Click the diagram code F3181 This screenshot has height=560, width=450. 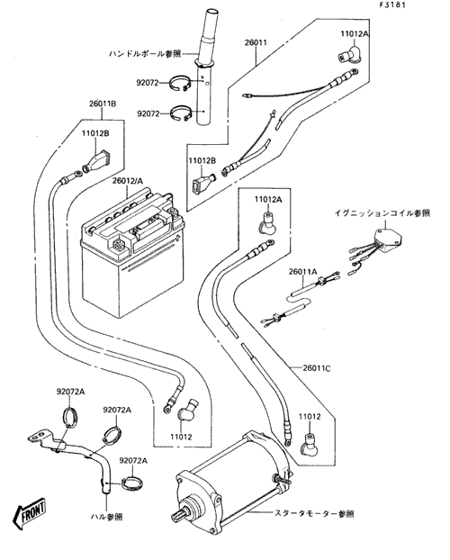point(392,5)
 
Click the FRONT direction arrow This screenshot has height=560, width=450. point(30,513)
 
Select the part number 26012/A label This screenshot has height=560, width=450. point(128,181)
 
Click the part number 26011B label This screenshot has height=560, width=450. point(103,104)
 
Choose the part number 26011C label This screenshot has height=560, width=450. point(317,367)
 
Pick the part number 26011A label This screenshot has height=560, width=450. point(303,272)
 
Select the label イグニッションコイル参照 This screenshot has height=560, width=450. point(382,213)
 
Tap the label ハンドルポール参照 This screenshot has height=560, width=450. point(145,54)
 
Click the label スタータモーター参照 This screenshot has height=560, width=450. point(314,514)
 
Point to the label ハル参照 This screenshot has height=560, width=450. point(106,517)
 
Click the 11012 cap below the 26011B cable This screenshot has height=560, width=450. point(187,409)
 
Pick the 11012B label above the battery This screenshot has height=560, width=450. point(95,133)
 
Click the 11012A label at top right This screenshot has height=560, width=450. point(355,34)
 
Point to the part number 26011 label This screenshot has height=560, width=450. point(256,43)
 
